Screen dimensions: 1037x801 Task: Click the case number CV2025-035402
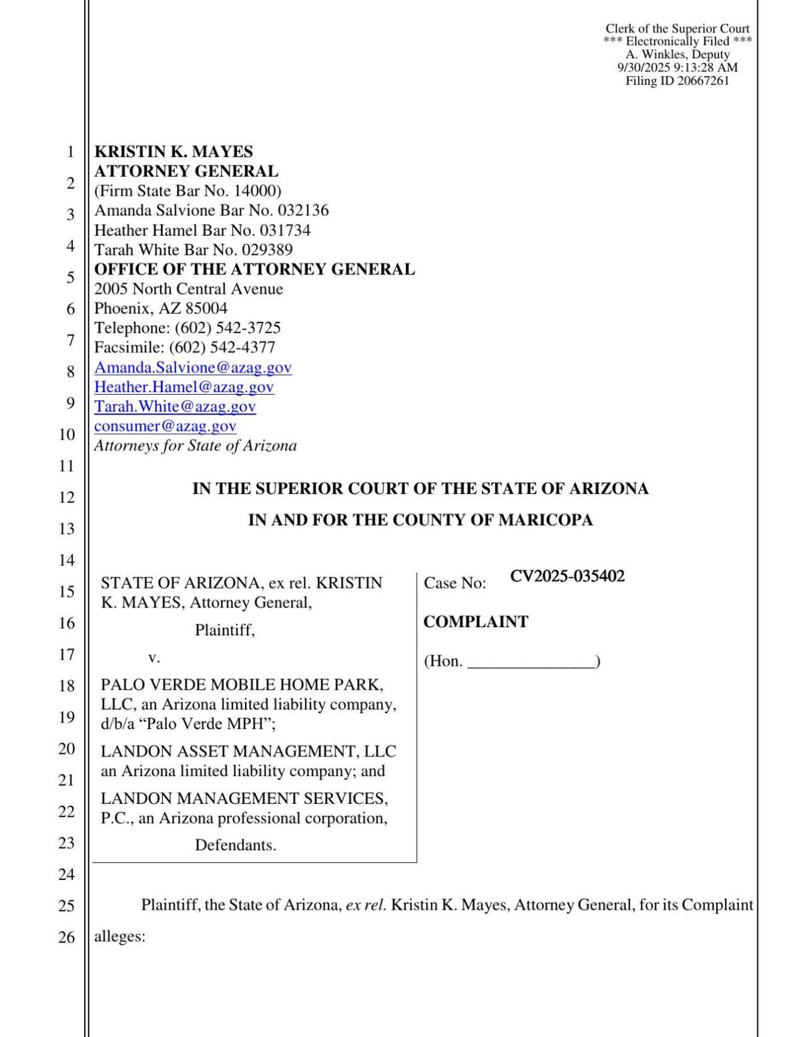567,576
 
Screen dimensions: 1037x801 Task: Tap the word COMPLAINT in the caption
475,622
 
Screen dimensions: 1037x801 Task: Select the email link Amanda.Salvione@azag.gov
192,367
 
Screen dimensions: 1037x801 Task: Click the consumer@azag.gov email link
165,426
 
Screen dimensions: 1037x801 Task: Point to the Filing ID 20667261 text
677,81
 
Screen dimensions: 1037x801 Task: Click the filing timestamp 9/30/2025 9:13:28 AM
677,67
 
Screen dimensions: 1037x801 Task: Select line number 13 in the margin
66,529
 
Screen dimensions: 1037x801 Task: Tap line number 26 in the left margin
66,938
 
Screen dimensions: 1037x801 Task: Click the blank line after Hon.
531,662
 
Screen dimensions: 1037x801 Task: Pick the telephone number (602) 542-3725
228,328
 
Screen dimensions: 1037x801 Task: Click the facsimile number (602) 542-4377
222,347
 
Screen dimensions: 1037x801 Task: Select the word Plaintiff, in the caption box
224,630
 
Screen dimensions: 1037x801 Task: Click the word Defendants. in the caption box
235,845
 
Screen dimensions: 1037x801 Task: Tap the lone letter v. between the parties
154,658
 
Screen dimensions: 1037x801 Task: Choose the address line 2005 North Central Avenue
188,289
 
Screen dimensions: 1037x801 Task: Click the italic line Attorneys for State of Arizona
195,446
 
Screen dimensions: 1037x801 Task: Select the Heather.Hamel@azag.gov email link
184,387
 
